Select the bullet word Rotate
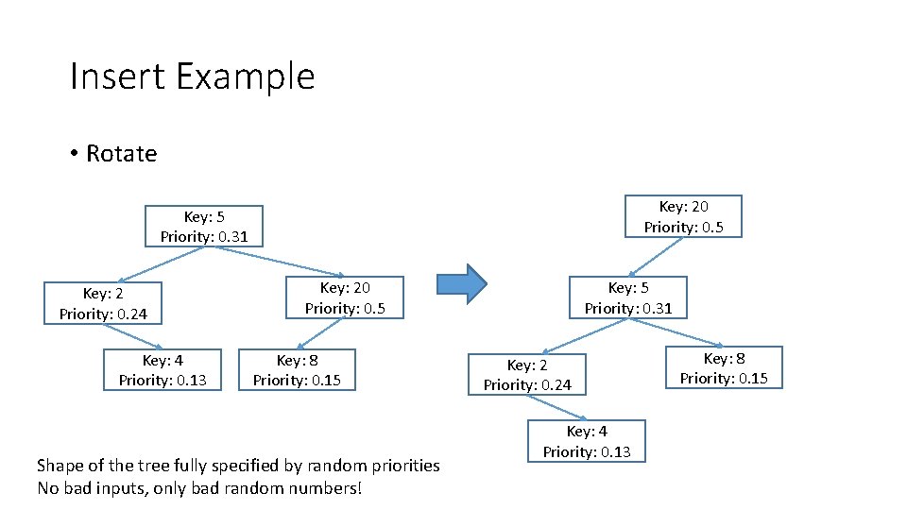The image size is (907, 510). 121,153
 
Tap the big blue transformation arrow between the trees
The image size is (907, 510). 461,283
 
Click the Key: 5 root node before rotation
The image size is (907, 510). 204,227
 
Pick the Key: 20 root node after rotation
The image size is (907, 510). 683,216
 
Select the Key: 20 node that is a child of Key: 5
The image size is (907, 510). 345,297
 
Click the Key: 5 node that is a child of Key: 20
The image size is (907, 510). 627,297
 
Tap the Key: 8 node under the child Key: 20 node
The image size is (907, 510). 297,370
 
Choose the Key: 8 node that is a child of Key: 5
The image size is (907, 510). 724,368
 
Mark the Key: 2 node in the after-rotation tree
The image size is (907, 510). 527,375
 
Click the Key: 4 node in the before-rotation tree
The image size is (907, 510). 163,370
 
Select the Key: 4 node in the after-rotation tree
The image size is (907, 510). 586,441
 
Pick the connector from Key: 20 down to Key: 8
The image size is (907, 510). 323,333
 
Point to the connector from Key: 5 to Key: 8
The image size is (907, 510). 676,331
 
